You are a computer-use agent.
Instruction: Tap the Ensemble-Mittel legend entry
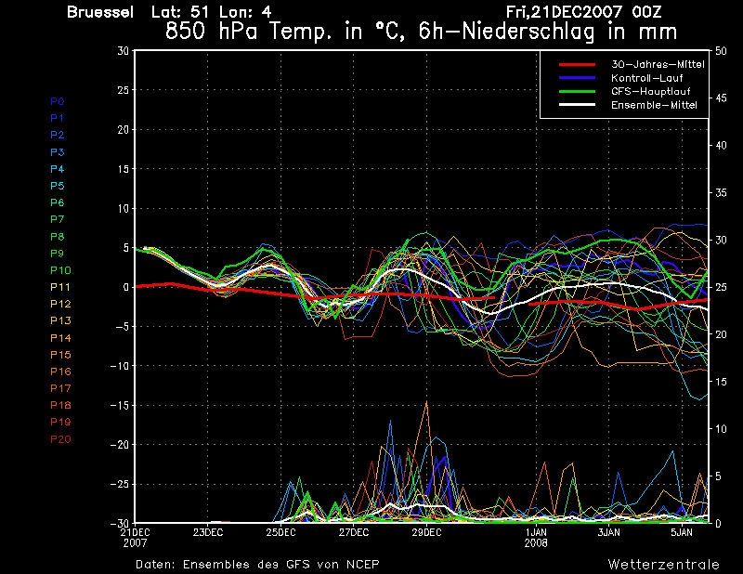tap(654, 106)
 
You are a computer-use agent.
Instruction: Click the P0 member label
tap(58, 100)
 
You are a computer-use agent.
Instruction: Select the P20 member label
tap(60, 438)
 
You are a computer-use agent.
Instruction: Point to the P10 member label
tap(60, 269)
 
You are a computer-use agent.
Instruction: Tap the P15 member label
tap(60, 354)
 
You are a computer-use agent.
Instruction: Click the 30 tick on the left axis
tap(123, 51)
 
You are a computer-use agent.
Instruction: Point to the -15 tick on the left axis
tap(119, 406)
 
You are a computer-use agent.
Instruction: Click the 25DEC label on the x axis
tap(280, 532)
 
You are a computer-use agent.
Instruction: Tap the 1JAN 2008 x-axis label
tap(536, 537)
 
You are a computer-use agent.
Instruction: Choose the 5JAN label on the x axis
tap(683, 532)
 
